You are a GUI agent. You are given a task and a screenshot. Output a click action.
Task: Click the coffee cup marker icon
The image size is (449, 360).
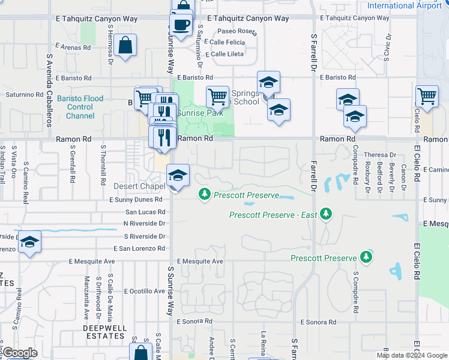[x=181, y=25]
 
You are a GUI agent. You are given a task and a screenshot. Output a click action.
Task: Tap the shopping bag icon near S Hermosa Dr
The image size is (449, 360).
[x=126, y=46]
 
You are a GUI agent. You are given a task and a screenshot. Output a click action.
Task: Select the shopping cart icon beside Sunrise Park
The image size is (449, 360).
[x=217, y=96]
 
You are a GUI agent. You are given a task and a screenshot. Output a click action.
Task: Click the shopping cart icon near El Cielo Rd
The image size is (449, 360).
[x=426, y=95]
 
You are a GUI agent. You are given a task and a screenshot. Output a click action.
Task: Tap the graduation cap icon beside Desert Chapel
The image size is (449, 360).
[x=178, y=176]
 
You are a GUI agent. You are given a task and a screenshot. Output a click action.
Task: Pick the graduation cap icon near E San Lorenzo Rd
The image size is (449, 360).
[x=29, y=242]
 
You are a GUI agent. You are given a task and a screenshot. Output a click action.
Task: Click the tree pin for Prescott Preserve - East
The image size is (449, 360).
[x=326, y=214]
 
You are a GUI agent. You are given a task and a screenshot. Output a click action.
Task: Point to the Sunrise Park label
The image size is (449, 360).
[x=200, y=112]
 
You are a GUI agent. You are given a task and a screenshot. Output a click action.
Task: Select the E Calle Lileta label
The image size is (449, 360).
[x=223, y=54]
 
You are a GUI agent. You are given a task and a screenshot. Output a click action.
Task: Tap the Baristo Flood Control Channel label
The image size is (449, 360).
[x=80, y=107]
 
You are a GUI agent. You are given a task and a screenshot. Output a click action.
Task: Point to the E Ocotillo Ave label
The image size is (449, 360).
[x=144, y=291]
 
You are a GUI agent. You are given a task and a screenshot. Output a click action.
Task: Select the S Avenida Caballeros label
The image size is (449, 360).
[x=48, y=91]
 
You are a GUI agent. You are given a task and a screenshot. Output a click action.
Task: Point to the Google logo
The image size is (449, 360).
[x=20, y=353]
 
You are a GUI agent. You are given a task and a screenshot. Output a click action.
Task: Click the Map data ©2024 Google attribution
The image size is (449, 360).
[x=411, y=355]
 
